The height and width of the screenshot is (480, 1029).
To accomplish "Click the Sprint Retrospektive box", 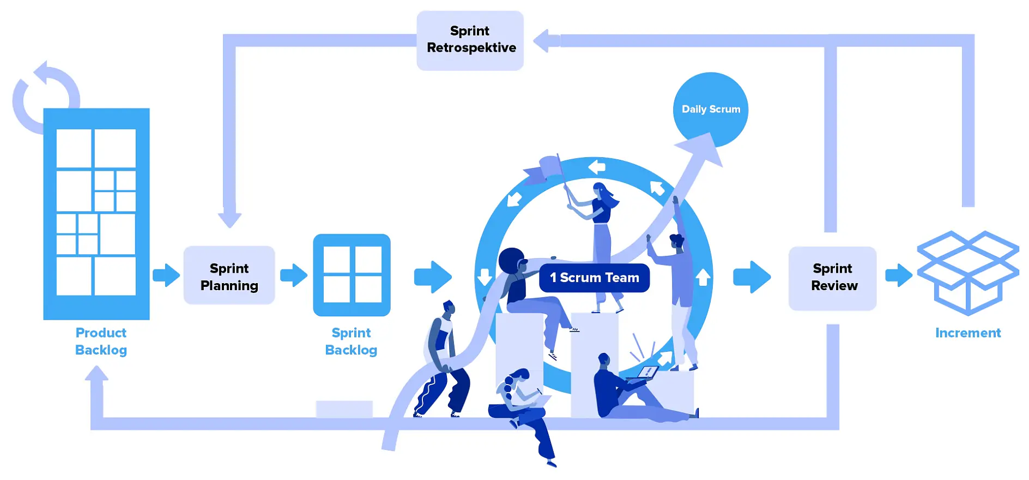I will [470, 40].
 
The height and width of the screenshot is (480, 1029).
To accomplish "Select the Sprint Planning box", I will [229, 276].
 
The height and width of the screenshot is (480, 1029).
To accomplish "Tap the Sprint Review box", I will [832, 278].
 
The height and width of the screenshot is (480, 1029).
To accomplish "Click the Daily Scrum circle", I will [710, 109].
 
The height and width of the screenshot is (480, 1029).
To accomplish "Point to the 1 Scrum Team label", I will [594, 278].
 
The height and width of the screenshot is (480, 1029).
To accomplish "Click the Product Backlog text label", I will [101, 341].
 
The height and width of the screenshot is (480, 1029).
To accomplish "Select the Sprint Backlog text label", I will [351, 341].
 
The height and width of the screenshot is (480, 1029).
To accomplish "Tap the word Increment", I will [967, 333].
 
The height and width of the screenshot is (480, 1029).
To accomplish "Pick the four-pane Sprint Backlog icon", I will [352, 275].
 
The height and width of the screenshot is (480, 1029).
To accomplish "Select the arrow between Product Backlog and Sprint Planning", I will [166, 275].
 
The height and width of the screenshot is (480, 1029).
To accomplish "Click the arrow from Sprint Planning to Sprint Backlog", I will [294, 275].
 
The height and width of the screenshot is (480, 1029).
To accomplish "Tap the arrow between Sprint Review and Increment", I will [898, 275].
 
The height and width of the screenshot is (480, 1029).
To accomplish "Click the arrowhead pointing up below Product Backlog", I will [96, 375].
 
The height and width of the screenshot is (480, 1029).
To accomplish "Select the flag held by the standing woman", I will [545, 168].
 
